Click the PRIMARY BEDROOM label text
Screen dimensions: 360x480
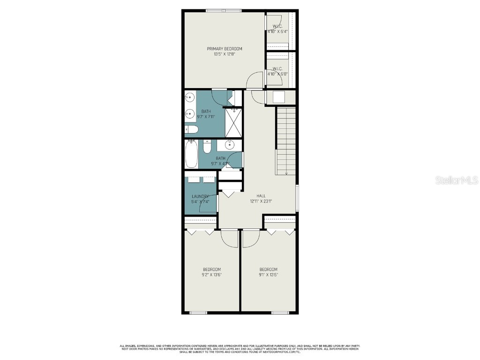[225, 49]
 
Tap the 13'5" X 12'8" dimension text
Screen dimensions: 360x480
[225, 54]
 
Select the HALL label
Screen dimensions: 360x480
[261, 196]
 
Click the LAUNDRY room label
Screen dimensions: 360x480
[200, 196]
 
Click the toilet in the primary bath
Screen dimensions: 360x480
[191, 130]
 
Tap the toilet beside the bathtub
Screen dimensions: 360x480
[207, 148]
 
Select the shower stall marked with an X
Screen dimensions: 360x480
[233, 122]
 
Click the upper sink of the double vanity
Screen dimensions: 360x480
[189, 97]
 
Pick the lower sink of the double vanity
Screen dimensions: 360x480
[189, 113]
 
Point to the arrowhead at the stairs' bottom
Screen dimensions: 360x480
[286, 173]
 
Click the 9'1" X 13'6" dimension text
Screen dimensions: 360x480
[268, 275]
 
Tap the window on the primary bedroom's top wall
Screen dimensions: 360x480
[224, 10]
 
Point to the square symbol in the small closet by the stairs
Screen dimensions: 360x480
[280, 97]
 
